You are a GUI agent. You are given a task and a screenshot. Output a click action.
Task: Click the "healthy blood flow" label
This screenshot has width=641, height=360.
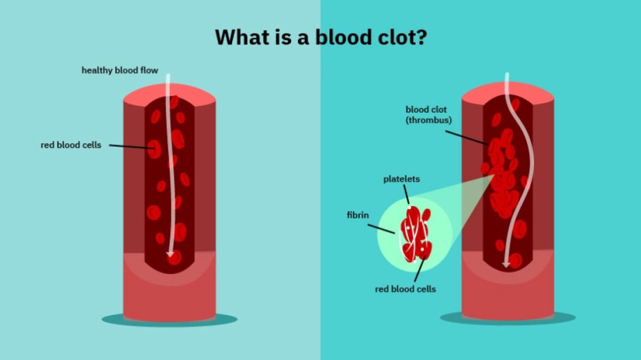point(120,70)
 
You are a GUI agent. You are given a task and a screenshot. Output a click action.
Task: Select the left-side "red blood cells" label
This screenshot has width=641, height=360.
point(71,145)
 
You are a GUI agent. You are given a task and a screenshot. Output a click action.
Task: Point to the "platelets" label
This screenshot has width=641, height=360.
point(401,179)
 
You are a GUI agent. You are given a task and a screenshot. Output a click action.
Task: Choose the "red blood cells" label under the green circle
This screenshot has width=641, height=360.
point(405,289)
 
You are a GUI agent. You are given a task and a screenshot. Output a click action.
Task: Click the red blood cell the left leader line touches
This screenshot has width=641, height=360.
point(155,149)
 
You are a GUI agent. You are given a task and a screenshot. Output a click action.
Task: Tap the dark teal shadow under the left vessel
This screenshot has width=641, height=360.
point(170,320)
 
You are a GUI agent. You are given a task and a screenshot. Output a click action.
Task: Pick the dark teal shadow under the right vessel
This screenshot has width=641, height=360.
point(508,318)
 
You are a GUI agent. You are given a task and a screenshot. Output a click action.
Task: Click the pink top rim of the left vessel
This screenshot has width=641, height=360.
point(170,92)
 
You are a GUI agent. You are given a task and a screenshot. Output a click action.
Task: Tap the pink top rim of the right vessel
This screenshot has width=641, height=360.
point(508,90)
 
